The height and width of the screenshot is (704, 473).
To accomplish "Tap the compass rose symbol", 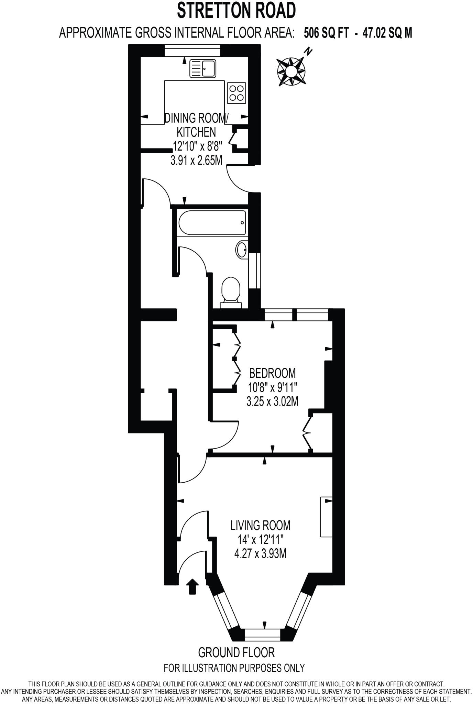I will (291, 72).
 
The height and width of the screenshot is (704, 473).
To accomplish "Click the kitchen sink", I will (203, 68).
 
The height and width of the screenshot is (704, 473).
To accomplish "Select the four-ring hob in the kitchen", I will (236, 93).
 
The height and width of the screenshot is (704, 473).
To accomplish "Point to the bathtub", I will (212, 223).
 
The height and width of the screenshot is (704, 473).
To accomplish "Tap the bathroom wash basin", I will (242, 249).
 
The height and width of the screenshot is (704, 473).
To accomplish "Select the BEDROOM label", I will (272, 373).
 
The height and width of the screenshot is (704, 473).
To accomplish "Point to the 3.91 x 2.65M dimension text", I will (196, 160).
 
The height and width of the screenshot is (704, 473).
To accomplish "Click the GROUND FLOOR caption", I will (236, 652).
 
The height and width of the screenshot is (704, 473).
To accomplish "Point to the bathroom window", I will (255, 271).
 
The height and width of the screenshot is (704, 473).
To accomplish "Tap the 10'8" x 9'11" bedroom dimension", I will (272, 387).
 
